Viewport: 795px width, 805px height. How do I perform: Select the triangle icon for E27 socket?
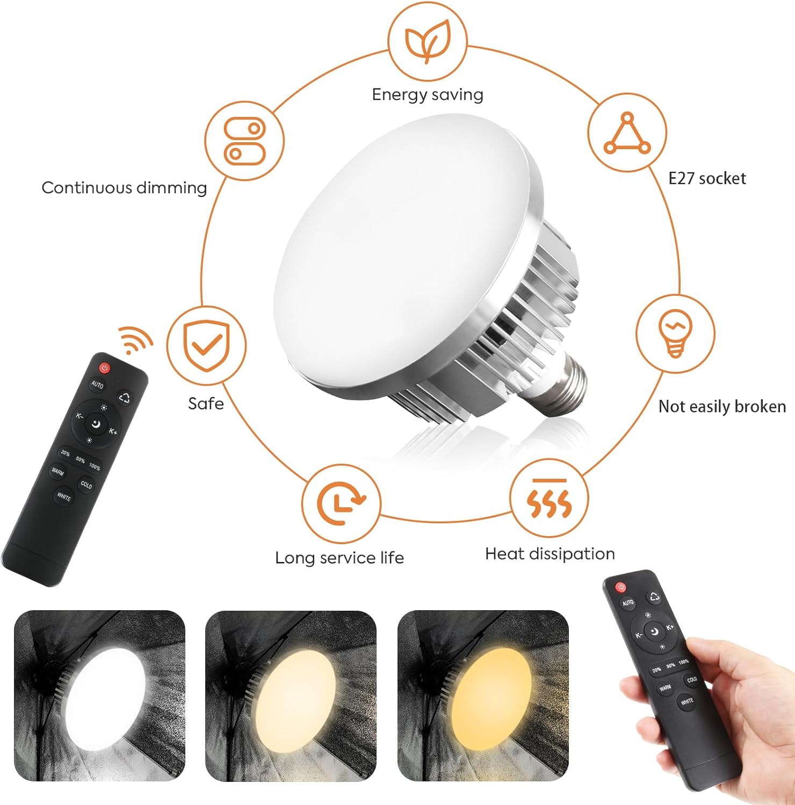point(627,134)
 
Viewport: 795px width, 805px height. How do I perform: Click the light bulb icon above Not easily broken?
point(675,333)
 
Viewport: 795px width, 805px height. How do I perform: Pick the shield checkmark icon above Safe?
point(206,346)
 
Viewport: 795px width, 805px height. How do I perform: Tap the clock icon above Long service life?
point(341,503)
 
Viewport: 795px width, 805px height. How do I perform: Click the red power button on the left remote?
point(104,368)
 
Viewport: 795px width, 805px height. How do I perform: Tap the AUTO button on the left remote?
point(97,384)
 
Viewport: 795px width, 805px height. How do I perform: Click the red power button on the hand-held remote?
point(621,587)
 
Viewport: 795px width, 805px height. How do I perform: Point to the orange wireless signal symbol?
point(135,340)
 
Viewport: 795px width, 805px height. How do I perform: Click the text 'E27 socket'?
point(707,179)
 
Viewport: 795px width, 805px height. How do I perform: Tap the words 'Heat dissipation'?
point(550,554)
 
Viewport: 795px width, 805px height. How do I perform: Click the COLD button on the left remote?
point(86,485)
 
